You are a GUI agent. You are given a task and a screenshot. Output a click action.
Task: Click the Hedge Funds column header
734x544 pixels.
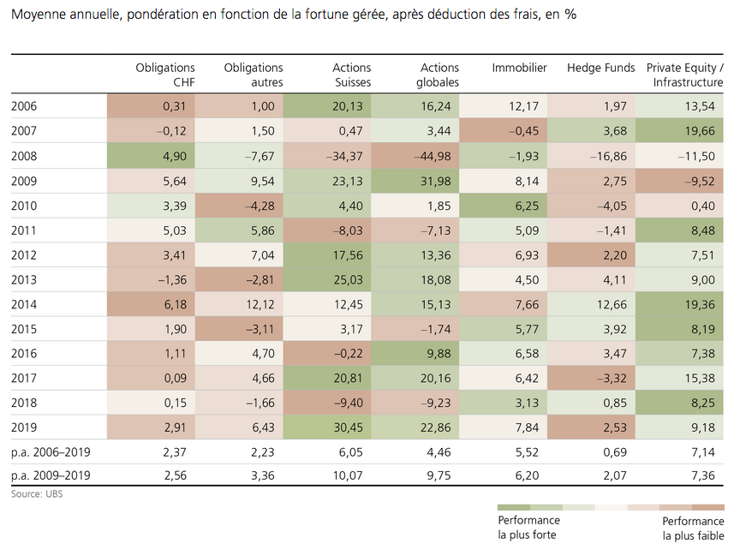[601, 68]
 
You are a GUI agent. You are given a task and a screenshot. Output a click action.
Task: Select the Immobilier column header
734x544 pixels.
[519, 68]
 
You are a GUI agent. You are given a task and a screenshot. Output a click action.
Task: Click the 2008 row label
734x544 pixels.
[25, 155]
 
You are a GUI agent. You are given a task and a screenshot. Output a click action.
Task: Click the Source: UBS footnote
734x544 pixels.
[37, 494]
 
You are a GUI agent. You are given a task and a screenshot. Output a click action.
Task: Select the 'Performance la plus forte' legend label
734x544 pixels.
[528, 527]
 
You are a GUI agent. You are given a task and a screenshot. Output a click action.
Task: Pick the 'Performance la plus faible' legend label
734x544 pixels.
[693, 527]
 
